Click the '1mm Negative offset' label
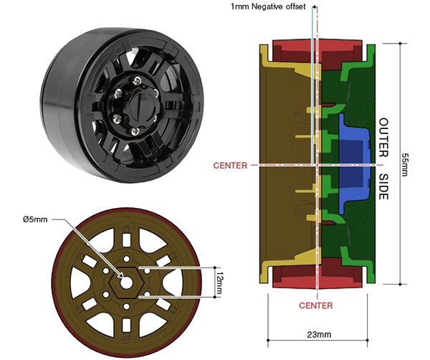pyautogui.click(x=268, y=6)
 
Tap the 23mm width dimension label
pyautogui.click(x=319, y=334)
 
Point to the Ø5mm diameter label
pyautogui.click(x=35, y=219)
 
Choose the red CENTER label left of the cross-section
pyautogui.click(x=230, y=165)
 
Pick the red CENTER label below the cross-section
pyautogui.click(x=315, y=305)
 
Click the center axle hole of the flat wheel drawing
pyautogui.click(x=126, y=283)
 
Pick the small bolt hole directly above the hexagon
pyautogui.click(x=126, y=260)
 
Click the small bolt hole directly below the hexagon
pyautogui.click(x=126, y=306)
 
